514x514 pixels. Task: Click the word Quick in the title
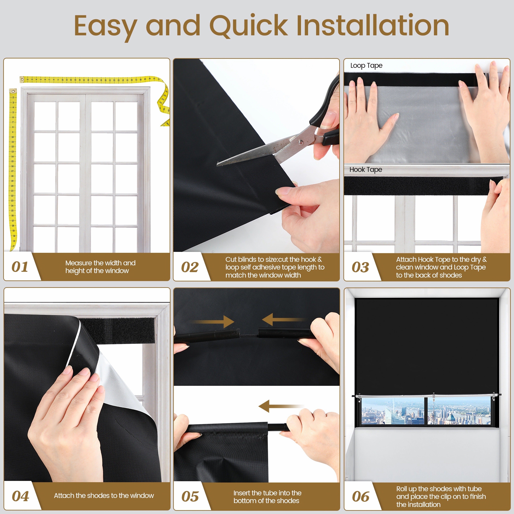(x=249, y=26)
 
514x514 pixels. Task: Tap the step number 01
(x=20, y=267)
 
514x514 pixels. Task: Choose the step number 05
(x=190, y=496)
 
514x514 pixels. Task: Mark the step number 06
(x=361, y=496)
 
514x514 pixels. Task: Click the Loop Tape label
(x=366, y=65)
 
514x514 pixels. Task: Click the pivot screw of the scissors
(x=301, y=143)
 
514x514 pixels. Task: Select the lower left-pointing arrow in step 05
(x=281, y=406)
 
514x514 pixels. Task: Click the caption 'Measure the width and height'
(x=100, y=267)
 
